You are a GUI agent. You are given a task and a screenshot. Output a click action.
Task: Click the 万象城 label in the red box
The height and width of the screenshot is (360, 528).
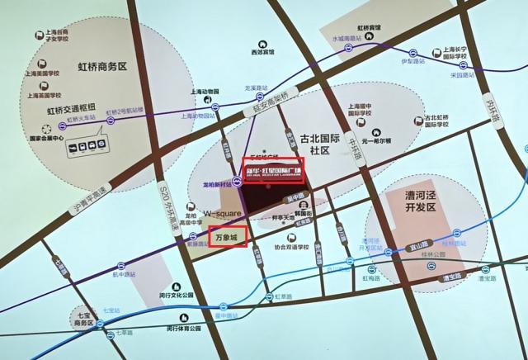click(x=226, y=238)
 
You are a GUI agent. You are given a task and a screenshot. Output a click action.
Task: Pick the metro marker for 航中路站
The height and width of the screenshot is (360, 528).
click(x=121, y=266)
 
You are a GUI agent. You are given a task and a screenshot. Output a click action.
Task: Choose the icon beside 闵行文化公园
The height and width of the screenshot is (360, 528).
click(x=159, y=294)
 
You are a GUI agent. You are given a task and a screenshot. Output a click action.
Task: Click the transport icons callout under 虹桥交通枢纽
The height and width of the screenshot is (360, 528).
click(x=85, y=145)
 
